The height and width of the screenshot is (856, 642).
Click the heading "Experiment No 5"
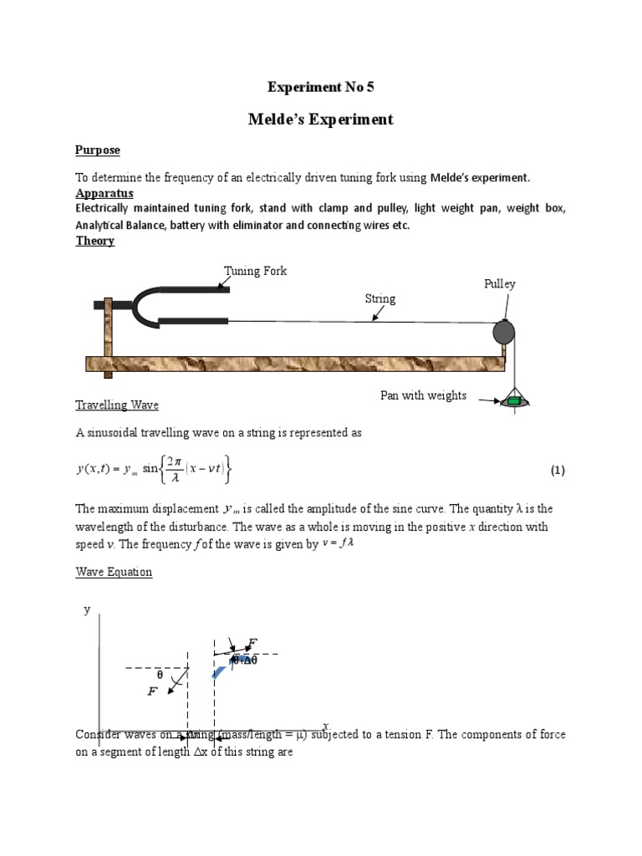pyautogui.click(x=321, y=87)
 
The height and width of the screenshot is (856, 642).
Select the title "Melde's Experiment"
pyautogui.click(x=321, y=120)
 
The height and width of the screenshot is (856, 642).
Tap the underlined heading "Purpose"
pyautogui.click(x=98, y=150)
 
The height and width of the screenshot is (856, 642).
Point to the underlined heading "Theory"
pyautogui.click(x=94, y=241)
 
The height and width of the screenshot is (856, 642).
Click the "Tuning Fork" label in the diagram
pyautogui.click(x=255, y=272)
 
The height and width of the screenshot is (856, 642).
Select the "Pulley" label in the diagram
pyautogui.click(x=500, y=284)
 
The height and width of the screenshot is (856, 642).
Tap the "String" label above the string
pyautogui.click(x=380, y=298)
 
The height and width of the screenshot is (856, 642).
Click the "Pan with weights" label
pyautogui.click(x=423, y=395)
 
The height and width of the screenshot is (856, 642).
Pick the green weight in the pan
pyautogui.click(x=514, y=402)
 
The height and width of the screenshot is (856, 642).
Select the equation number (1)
pyautogui.click(x=558, y=471)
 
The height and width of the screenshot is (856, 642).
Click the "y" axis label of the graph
pyautogui.click(x=86, y=611)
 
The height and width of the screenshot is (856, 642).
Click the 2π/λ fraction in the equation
pyautogui.click(x=174, y=470)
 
